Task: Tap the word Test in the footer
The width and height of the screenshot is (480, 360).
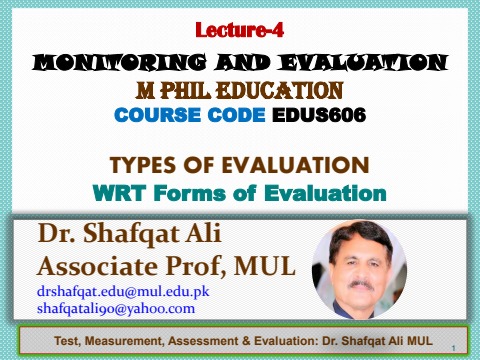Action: pos(67,343)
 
